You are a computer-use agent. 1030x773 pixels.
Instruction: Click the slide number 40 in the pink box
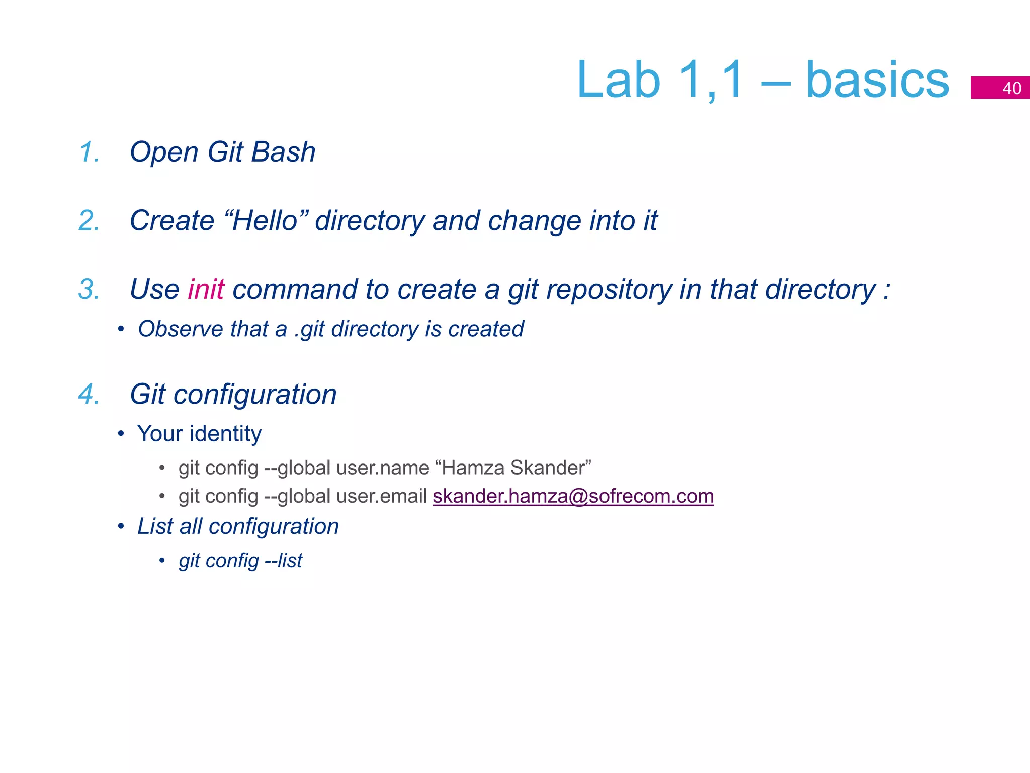pos(1011,88)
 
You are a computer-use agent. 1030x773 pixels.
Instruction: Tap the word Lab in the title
pos(618,81)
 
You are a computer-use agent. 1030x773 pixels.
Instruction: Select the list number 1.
pos(89,152)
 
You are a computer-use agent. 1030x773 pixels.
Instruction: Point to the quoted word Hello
pos(266,221)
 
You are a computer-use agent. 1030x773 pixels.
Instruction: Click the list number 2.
pos(89,221)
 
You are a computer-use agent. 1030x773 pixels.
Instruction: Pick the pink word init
pos(206,290)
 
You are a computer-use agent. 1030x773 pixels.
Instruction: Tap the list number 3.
pos(89,290)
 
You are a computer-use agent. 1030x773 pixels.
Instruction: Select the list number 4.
pos(89,394)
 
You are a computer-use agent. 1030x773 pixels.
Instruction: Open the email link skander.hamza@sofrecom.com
pos(573,497)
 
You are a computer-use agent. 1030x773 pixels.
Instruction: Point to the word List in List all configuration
pos(155,527)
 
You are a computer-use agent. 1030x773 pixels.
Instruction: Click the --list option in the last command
pos(284,561)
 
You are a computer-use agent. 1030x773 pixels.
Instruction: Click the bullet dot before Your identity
pos(121,434)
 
